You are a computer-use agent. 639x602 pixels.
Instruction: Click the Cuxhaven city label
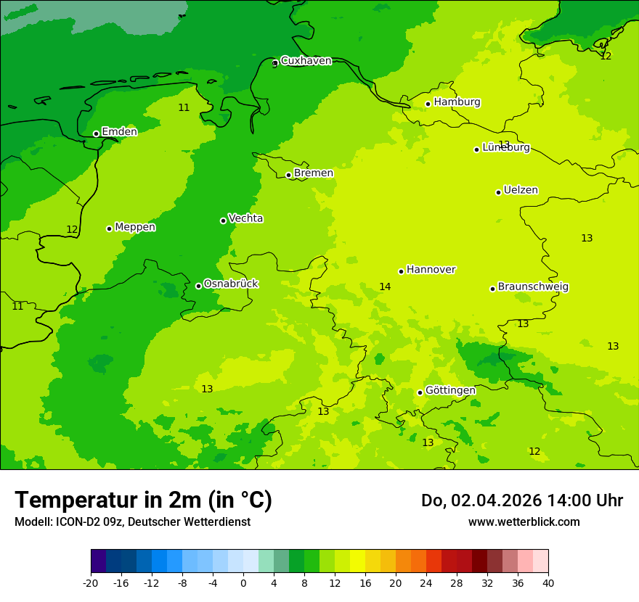click(306, 60)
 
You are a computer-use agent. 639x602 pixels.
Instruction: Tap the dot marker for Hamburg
click(428, 104)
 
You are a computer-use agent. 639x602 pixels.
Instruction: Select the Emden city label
click(119, 131)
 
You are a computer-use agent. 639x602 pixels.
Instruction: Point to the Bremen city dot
click(288, 175)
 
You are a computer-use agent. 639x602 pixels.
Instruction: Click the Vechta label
click(245, 218)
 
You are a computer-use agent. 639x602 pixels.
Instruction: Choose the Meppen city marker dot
click(109, 228)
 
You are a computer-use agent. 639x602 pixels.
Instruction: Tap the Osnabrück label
click(231, 284)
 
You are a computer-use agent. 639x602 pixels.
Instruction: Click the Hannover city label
click(431, 269)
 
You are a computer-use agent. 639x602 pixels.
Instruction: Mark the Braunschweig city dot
click(492, 289)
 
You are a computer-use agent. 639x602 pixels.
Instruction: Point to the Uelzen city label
click(521, 190)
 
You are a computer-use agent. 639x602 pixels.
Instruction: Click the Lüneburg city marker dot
click(476, 149)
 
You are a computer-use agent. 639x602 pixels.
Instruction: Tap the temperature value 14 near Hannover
click(385, 286)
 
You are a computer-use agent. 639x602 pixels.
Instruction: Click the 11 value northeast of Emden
click(184, 107)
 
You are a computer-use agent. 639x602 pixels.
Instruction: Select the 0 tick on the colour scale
click(243, 583)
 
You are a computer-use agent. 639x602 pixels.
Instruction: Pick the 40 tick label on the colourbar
click(548, 583)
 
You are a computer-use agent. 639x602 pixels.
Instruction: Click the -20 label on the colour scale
click(91, 583)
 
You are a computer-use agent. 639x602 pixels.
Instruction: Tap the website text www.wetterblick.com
click(524, 521)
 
